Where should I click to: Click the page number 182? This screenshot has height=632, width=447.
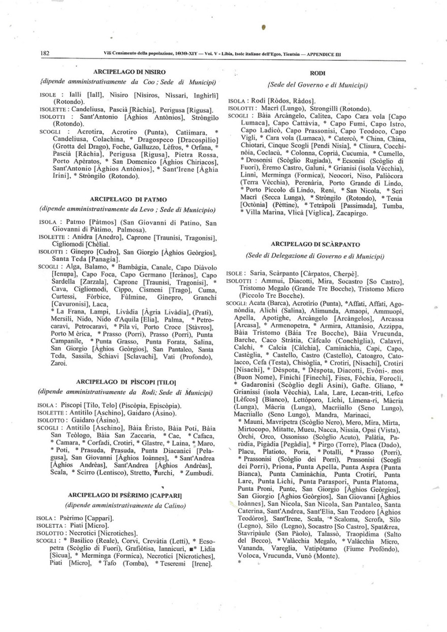tap(44, 53)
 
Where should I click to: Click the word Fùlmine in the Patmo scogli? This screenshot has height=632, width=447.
tap(134, 296)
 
